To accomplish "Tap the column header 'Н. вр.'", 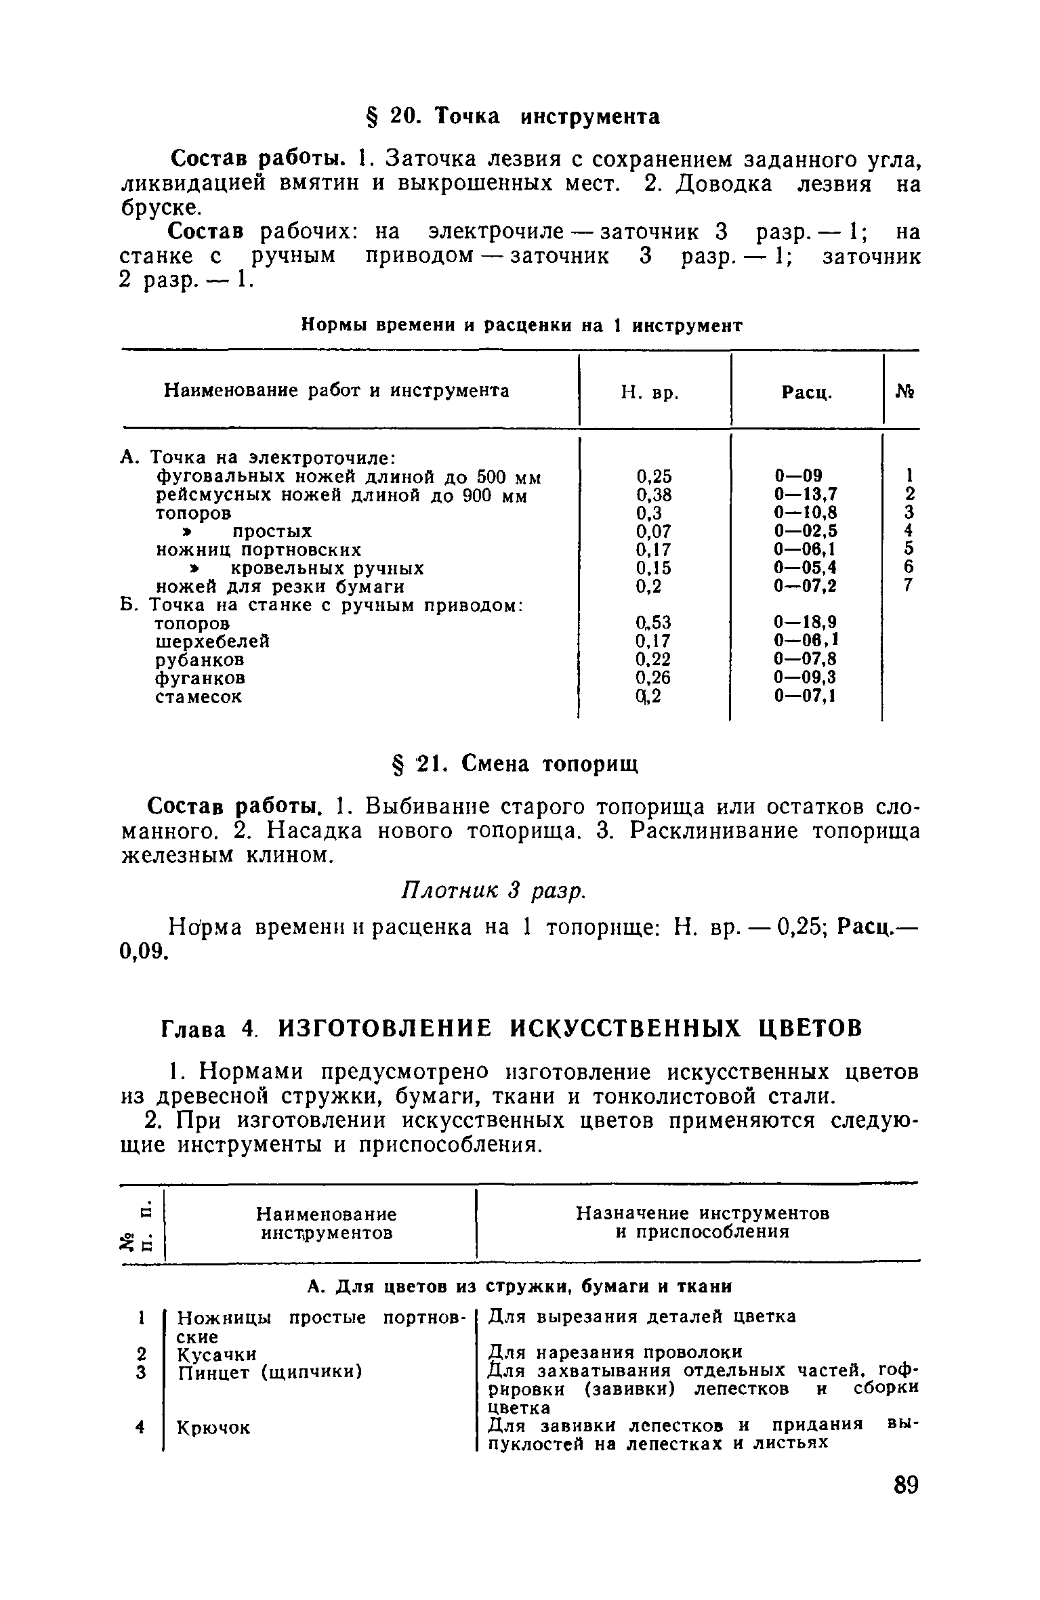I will click(650, 392).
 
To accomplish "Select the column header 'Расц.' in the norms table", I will click(806, 392).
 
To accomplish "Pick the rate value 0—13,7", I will click(806, 494).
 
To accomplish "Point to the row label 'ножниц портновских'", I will click(259, 549).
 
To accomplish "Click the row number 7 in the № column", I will click(909, 585).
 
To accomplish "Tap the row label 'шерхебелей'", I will click(213, 641).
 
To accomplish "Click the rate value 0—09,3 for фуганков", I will click(806, 677).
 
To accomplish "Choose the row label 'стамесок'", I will click(199, 696).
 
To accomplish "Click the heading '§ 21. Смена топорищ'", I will click(517, 764).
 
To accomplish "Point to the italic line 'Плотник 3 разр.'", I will click(493, 891).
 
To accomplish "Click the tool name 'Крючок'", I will click(213, 1428).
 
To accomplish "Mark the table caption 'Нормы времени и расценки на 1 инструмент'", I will click(522, 326).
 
